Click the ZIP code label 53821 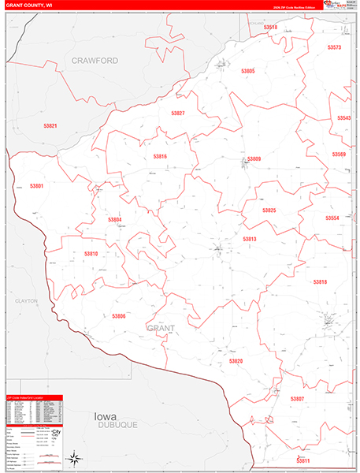50,126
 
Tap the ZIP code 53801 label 36,186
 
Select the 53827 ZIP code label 178,114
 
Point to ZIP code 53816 161,156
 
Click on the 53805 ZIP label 248,71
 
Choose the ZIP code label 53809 254,159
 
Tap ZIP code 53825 269,210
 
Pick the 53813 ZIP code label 250,239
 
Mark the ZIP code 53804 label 115,219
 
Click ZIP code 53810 91,254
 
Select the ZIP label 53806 119,316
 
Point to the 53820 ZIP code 236,360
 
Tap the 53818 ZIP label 319,281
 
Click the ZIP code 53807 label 297,399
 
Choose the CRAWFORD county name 95,60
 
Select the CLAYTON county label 26,301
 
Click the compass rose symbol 73,458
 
